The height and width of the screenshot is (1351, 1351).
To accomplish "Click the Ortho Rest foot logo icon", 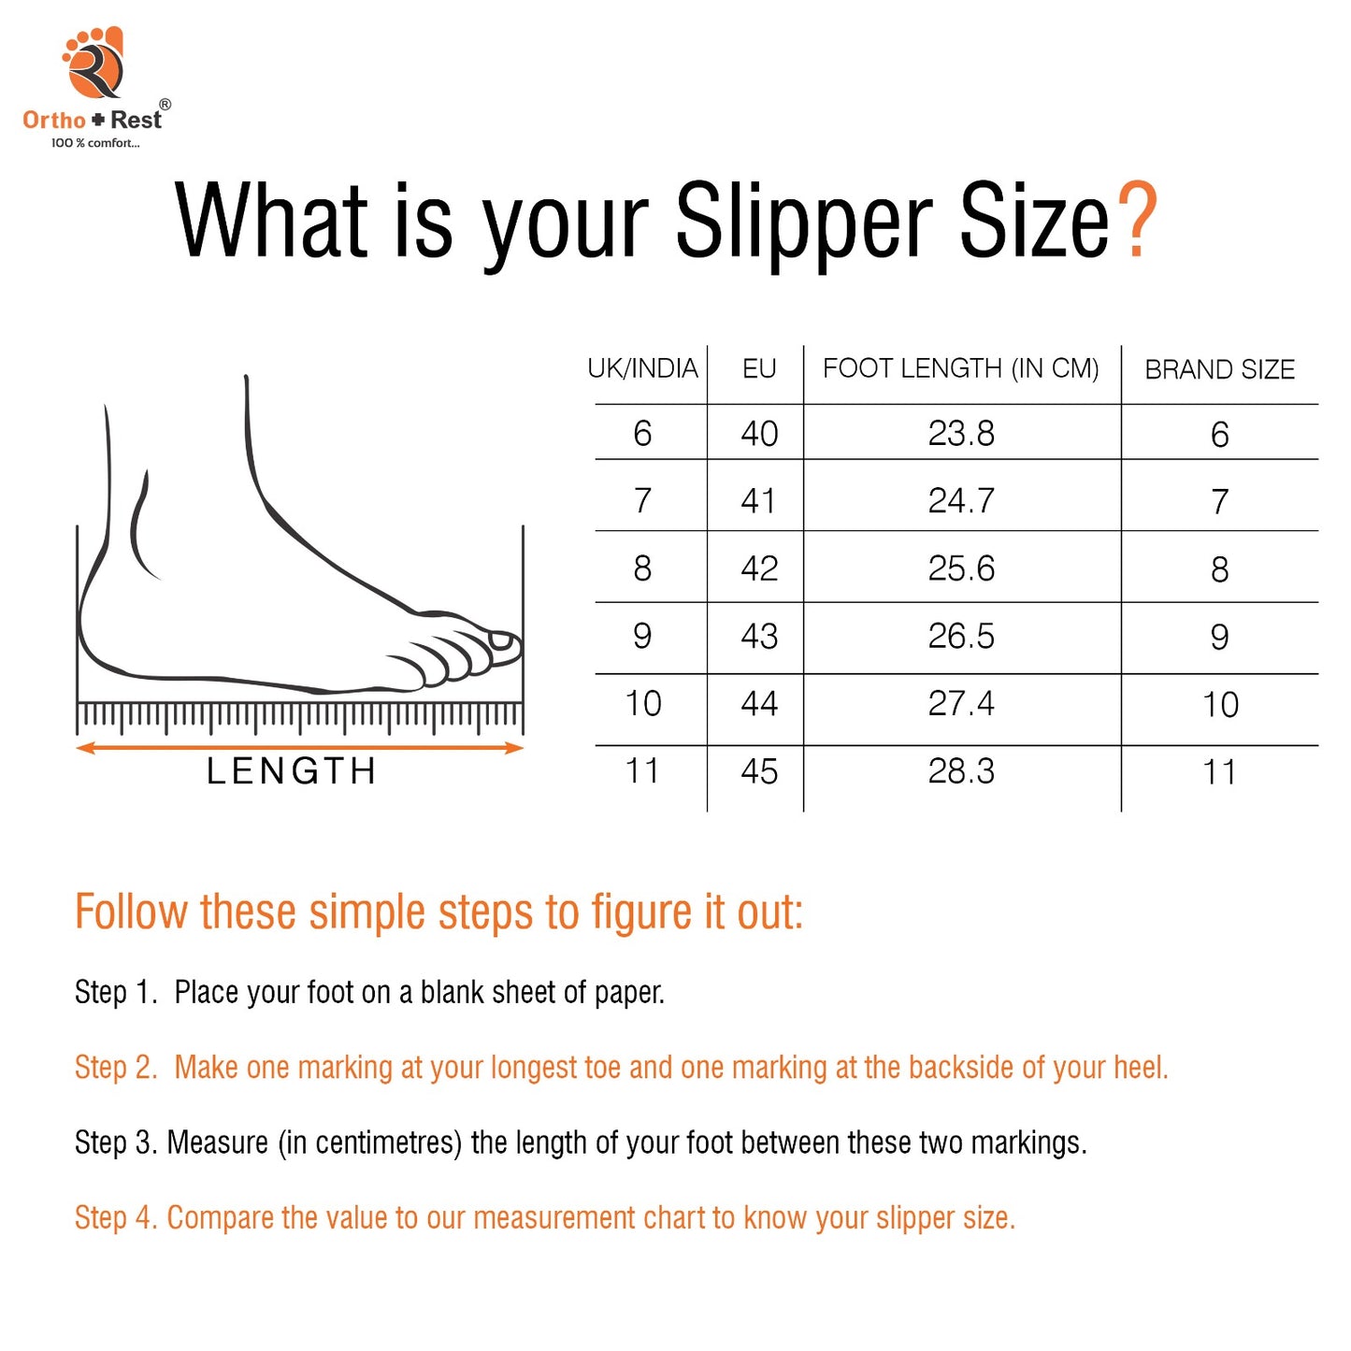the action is (93, 63).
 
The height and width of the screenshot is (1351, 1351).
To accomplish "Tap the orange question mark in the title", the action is (1137, 220).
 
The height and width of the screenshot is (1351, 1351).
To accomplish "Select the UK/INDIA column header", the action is (642, 368).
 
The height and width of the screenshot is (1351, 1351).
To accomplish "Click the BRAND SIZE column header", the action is (1219, 369).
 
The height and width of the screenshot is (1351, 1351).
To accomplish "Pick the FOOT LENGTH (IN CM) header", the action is (960, 368).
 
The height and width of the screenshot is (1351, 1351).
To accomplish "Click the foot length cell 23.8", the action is (961, 433).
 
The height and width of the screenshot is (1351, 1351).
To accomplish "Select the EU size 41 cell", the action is (758, 500).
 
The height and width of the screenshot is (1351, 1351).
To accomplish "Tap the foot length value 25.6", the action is (961, 568).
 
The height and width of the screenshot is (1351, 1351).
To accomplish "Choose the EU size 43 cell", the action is (759, 636).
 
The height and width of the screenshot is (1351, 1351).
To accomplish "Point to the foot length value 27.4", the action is (961, 703).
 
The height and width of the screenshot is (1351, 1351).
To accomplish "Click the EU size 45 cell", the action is (759, 771).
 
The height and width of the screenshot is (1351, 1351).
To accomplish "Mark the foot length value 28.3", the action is (961, 771).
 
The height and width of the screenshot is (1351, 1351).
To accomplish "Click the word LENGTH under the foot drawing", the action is (292, 771).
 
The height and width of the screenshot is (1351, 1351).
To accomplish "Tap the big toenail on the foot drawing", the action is (501, 640).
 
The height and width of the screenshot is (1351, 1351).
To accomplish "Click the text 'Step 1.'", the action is (116, 992).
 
